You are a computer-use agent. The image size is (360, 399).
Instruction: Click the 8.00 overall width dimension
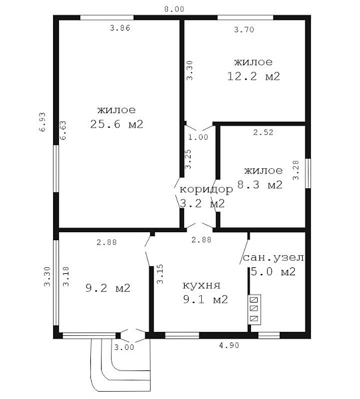click(x=174, y=9)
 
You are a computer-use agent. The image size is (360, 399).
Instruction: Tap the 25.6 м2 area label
click(x=117, y=124)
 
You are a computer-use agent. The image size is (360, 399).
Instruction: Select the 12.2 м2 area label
click(x=254, y=76)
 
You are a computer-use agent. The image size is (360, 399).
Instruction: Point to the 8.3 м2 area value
click(x=260, y=184)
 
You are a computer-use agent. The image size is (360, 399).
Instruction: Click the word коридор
click(x=206, y=190)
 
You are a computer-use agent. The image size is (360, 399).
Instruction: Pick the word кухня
click(x=202, y=285)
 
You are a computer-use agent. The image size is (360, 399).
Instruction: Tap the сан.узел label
click(x=274, y=257)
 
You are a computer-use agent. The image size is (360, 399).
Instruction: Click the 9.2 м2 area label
click(x=108, y=288)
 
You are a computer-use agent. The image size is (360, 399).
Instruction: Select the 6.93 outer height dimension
click(x=43, y=122)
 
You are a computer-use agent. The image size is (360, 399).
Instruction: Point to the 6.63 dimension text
click(x=63, y=130)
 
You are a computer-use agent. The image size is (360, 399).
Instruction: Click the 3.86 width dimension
click(x=120, y=28)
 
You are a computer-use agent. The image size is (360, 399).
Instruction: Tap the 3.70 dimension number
click(x=244, y=29)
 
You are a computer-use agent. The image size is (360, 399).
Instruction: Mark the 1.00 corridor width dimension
click(x=198, y=137)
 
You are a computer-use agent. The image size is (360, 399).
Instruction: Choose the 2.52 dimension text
click(x=263, y=132)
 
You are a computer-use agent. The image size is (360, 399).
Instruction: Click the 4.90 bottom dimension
click(x=228, y=345)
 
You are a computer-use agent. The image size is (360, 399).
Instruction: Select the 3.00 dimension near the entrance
click(x=124, y=347)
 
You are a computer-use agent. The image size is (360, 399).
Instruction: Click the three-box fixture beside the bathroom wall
click(x=254, y=309)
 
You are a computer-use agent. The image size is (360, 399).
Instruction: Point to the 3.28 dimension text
click(x=296, y=170)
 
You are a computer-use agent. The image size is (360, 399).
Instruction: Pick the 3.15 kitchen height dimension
click(x=160, y=274)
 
